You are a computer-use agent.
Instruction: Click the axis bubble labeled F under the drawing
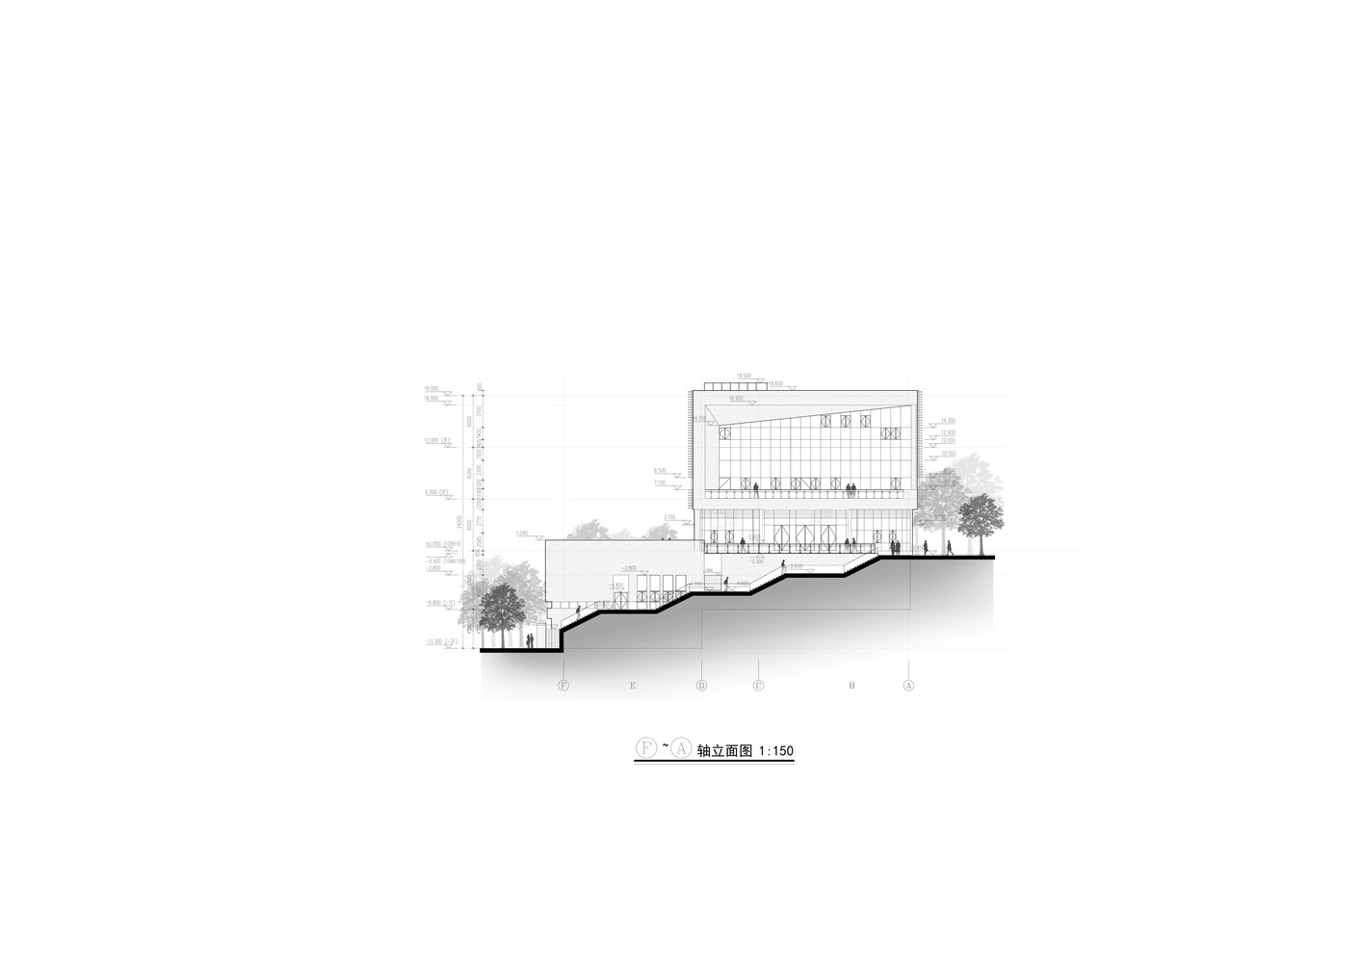(563, 686)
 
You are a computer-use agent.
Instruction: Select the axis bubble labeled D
(701, 686)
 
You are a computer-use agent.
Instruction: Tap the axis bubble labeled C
(758, 686)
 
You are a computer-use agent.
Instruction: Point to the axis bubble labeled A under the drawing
(908, 686)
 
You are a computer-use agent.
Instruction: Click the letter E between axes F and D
(633, 686)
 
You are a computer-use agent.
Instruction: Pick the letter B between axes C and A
(851, 686)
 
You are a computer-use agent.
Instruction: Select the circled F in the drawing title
(645, 748)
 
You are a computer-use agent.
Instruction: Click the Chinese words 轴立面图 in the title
(725, 751)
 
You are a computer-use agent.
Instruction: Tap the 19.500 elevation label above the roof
(744, 376)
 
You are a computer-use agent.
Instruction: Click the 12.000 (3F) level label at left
(438, 440)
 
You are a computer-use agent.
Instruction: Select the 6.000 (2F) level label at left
(438, 492)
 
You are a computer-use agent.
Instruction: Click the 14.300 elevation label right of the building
(948, 421)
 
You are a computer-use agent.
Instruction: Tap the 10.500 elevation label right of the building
(948, 453)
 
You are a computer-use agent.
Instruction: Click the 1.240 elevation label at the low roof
(522, 533)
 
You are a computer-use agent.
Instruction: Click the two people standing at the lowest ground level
(529, 640)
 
